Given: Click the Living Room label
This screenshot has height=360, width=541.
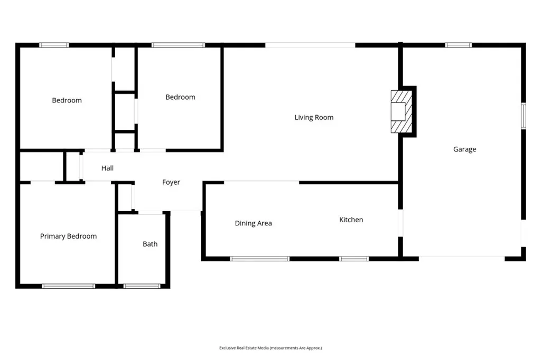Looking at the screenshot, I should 314,117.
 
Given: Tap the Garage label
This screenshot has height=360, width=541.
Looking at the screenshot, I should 464,149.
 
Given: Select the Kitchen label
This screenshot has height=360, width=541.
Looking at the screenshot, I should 351,220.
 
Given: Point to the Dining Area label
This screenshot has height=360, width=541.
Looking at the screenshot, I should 253,223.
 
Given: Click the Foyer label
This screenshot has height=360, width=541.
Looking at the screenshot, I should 171,182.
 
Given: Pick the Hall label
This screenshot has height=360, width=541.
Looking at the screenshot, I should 107,168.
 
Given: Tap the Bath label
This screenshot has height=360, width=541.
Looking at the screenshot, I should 150,244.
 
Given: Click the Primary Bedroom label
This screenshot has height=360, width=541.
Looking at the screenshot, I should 68,236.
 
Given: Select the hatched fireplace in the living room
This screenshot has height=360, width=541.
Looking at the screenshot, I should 400,111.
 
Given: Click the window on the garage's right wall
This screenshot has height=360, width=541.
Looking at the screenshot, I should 524,116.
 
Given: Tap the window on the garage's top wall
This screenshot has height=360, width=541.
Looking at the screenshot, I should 458,45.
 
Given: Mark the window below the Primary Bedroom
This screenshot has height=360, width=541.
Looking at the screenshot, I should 68,286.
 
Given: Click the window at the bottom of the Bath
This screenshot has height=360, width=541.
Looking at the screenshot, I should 142,286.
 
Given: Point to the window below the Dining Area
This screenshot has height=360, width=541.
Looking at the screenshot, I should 259,259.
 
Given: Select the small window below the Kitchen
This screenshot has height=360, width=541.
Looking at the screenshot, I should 353,259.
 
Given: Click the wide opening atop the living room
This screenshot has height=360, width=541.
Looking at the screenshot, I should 310,45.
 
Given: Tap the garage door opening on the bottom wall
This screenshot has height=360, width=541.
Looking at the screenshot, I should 462,258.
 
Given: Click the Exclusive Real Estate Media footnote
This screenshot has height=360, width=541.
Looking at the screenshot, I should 270,348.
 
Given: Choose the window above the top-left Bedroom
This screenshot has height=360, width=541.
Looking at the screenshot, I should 54,45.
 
